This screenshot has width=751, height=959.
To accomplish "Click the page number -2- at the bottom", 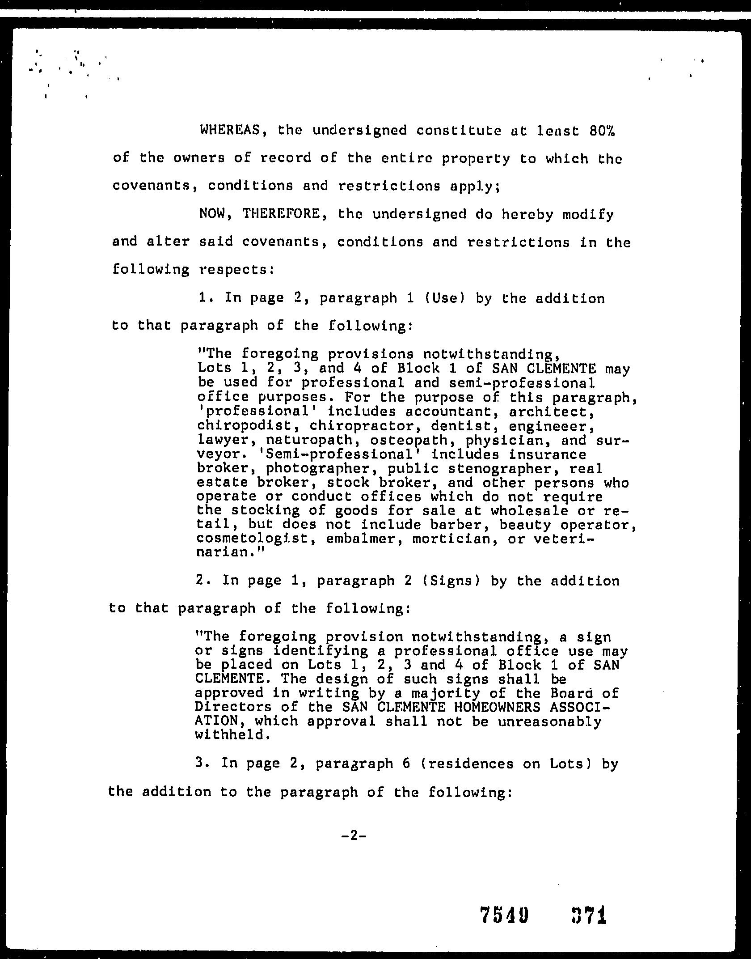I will [353, 836].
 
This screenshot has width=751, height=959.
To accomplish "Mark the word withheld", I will [232, 735].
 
